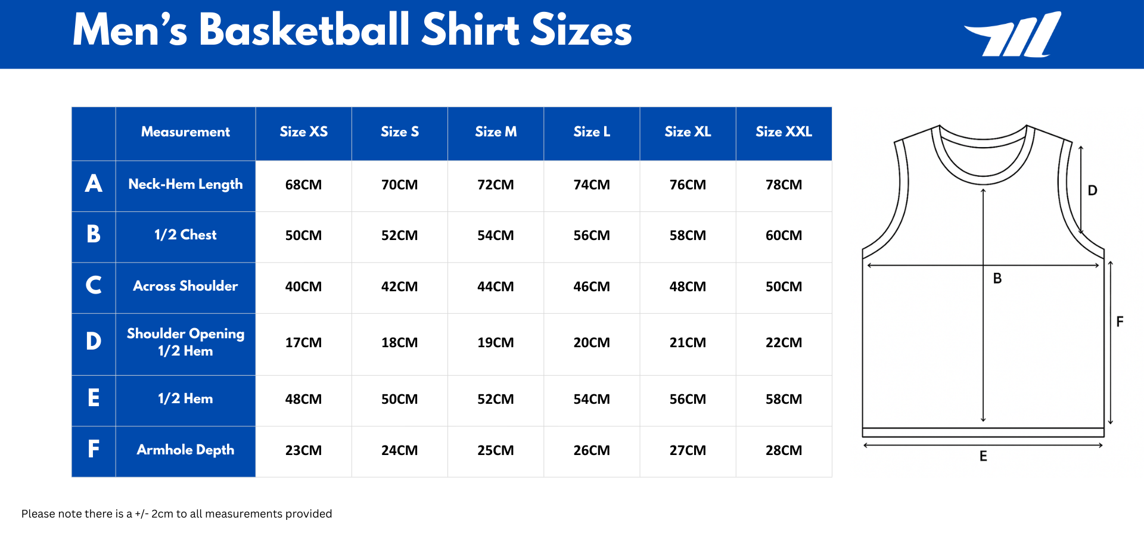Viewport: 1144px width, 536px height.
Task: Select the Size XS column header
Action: click(303, 132)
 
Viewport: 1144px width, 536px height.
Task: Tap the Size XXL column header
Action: click(784, 132)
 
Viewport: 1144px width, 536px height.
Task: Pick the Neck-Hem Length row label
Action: click(185, 185)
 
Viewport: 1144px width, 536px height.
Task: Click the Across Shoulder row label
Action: click(185, 286)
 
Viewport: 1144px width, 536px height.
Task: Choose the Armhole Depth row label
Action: click(185, 450)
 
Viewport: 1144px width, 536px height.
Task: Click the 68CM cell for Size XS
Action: click(303, 185)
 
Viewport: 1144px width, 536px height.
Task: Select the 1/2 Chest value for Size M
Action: click(495, 236)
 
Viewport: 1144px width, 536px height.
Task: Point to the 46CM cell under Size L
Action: click(591, 287)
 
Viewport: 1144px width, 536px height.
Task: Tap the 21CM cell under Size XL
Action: click(688, 343)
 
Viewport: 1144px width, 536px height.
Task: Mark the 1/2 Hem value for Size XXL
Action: click(784, 400)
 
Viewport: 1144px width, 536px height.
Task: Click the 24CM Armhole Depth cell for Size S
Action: click(399, 451)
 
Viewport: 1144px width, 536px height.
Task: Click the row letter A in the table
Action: click(94, 184)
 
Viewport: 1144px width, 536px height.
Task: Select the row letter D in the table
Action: click(94, 342)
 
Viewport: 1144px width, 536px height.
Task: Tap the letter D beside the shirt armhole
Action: click(1092, 191)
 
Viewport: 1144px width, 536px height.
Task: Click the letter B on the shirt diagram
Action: click(997, 279)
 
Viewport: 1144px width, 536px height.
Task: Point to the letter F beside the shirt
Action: click(1120, 322)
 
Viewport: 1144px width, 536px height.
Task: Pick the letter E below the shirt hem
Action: click(983, 457)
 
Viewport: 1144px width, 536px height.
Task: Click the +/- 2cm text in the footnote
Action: click(154, 514)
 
